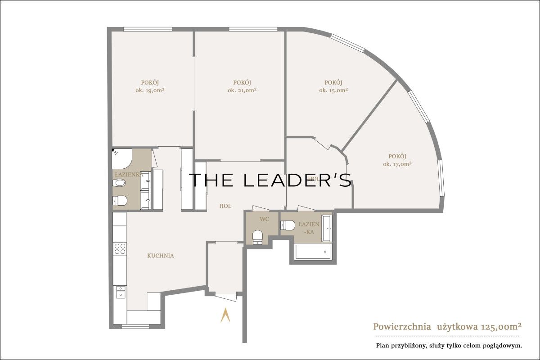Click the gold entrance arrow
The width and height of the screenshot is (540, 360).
pos(225,315)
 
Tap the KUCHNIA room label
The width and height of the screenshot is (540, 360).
pos(161,256)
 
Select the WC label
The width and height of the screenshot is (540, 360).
pos(264,219)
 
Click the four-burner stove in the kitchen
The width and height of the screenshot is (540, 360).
pos(120,248)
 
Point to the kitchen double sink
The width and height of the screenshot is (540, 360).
pos(121,292)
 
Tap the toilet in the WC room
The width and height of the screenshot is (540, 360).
pos(257,237)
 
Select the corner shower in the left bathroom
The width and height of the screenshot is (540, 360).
pos(122,158)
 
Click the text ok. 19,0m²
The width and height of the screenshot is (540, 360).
pos(150,90)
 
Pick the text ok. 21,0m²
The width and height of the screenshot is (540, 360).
pos(242,90)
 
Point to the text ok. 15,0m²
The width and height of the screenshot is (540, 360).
pos(333,90)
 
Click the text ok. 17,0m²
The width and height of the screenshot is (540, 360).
pos(397,164)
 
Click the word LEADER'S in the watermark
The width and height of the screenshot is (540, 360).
pos(297,180)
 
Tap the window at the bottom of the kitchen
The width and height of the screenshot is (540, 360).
pos(135,327)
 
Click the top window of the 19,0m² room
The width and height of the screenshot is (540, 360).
pos(148,29)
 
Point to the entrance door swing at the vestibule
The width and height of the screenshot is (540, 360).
pos(225,297)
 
